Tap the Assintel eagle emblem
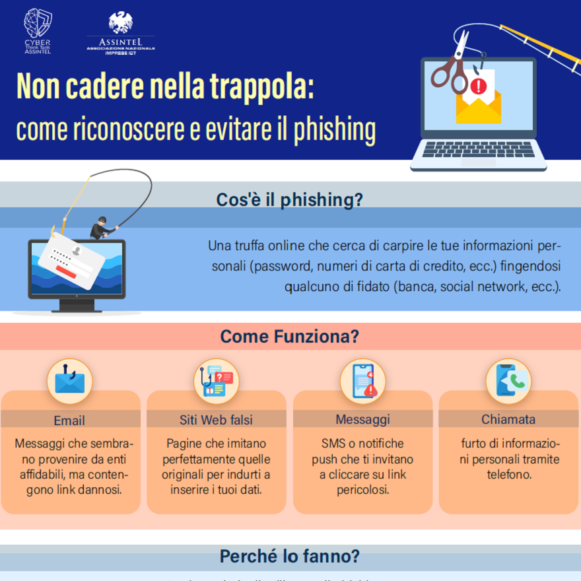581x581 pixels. [x=121, y=23]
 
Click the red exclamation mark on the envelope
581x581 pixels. [x=479, y=86]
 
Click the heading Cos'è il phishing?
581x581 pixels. [x=290, y=200]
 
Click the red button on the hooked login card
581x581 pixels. [x=65, y=270]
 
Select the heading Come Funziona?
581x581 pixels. [x=290, y=337]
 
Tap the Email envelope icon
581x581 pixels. [x=69, y=382]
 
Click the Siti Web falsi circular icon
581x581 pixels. [x=216, y=382]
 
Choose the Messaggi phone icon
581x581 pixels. [x=362, y=382]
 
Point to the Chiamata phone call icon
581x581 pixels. [x=508, y=382]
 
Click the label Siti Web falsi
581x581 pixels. [x=216, y=419]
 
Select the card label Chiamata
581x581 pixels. [x=508, y=419]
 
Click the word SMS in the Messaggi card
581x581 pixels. [x=333, y=443]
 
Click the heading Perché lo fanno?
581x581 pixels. [x=290, y=557]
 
